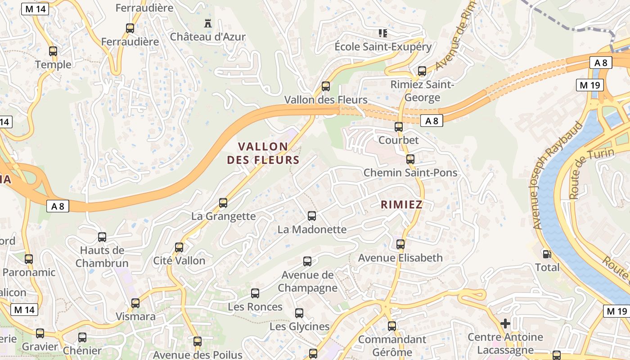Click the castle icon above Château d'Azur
tap(207, 23)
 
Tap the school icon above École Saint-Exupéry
tap(383, 33)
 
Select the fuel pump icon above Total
tap(547, 254)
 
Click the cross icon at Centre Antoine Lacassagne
tap(505, 323)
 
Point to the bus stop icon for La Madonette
tap(312, 216)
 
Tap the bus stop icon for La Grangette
tap(223, 202)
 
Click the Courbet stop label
tap(399, 140)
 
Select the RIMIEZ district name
tap(401, 205)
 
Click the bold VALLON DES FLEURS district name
tap(263, 153)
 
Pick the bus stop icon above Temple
tap(53, 51)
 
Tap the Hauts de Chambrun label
tap(102, 256)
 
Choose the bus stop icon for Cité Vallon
tap(179, 247)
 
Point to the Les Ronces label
tap(255, 307)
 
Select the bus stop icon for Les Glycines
tap(299, 313)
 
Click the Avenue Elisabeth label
tap(400, 258)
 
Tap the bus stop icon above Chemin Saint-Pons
tap(410, 159)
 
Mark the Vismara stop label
tap(136, 316)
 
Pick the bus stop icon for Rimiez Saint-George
tap(422, 71)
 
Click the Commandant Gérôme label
tap(392, 345)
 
